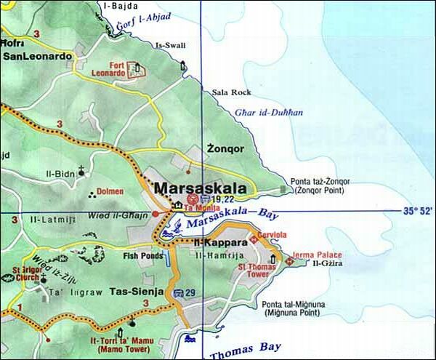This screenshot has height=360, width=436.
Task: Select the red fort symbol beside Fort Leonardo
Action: coord(135,69)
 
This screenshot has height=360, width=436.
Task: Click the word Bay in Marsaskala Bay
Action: coord(270,214)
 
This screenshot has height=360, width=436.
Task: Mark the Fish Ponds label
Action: coord(142,256)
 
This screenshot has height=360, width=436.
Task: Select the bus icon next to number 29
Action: coord(178,292)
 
